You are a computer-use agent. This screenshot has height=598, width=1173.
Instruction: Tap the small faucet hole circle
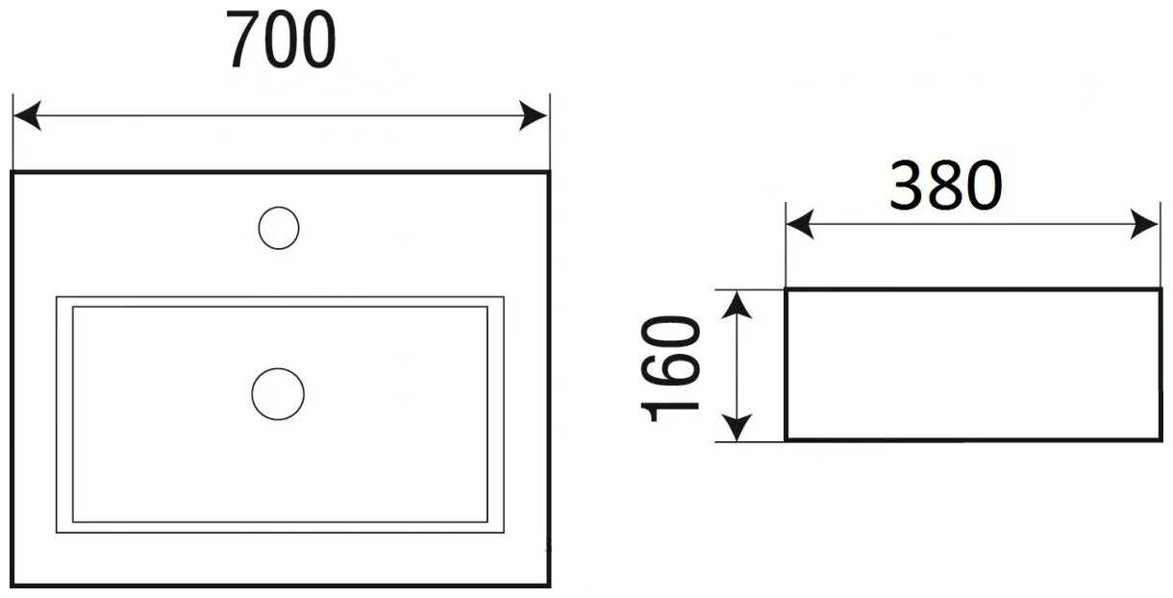279,229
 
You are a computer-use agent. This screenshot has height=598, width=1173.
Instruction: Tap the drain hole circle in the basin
278,394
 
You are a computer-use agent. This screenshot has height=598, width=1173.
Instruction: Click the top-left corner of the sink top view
13,173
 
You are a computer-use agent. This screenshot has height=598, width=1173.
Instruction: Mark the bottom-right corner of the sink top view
548,585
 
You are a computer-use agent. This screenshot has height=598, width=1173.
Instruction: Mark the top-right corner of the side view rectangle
1161,289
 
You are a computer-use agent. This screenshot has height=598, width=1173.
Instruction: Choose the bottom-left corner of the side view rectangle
786,439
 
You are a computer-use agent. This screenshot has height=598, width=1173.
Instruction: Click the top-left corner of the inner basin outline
58,298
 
